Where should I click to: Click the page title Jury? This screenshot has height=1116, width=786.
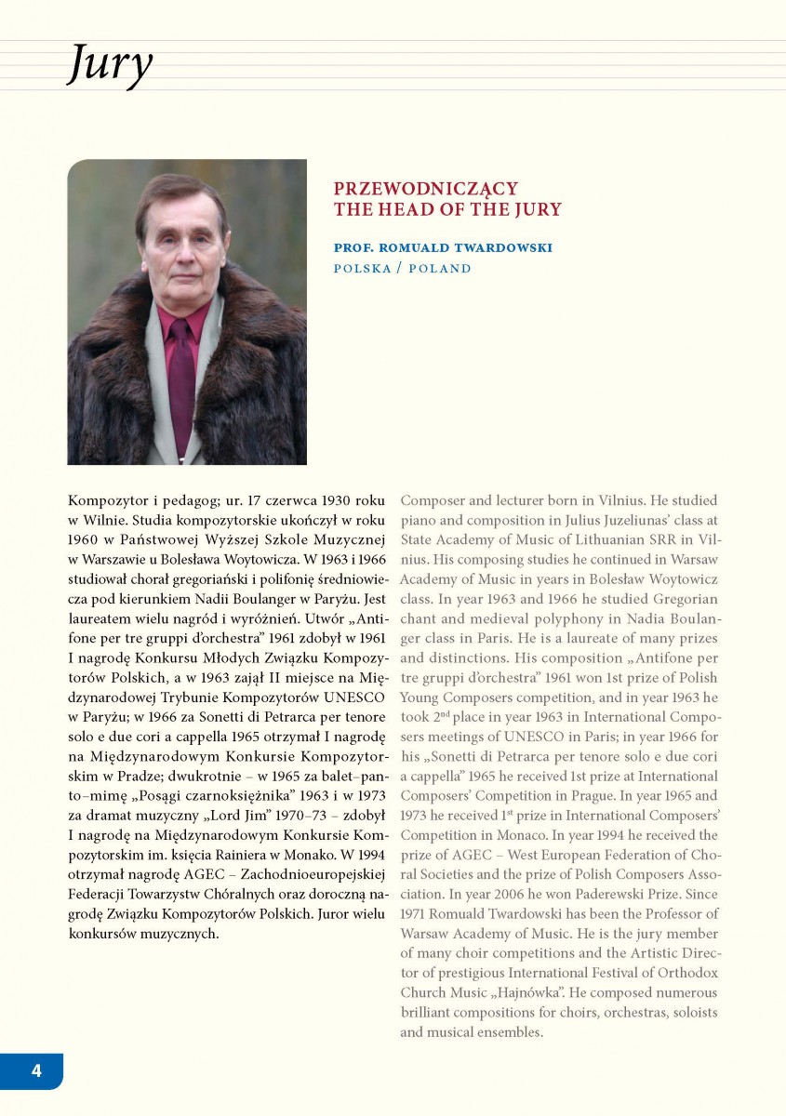click(x=110, y=66)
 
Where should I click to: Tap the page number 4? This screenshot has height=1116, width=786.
click(x=36, y=1070)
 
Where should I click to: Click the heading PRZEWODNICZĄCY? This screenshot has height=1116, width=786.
click(x=426, y=189)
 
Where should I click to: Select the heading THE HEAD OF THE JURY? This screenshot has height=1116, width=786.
click(x=447, y=209)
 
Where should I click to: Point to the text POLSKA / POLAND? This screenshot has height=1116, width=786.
click(x=403, y=269)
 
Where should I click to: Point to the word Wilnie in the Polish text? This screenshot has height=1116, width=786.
click(x=100, y=521)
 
